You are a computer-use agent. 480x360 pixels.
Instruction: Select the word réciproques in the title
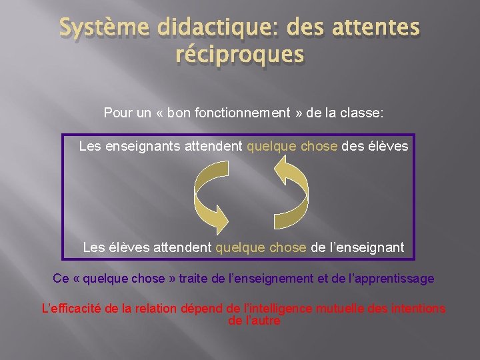pos(239,56)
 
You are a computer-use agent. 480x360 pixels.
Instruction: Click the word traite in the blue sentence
pos(192,279)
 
